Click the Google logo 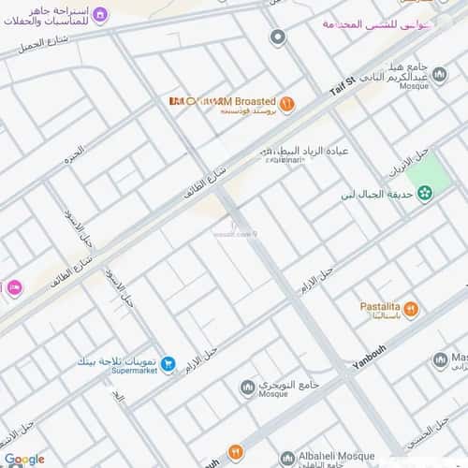pos(23,459)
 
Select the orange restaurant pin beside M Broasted pos(286,102)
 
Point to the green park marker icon pos(426,193)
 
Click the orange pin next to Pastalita pos(411,308)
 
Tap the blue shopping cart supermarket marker pos(168,364)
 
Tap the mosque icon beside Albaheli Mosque pos(287,459)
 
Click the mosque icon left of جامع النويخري pos(247,387)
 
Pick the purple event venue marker pos(101,15)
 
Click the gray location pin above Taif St pos(277,37)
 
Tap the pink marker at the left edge pos(13,288)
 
